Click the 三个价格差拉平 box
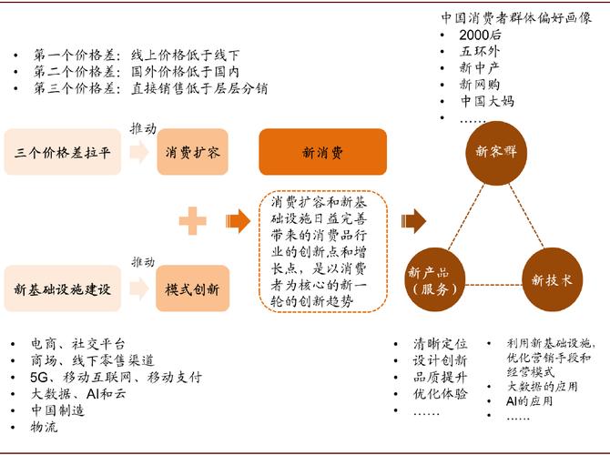[63, 152]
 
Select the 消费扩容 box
[193, 152]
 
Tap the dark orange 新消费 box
[323, 152]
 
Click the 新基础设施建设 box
[63, 288]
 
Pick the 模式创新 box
[193, 288]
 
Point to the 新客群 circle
[496, 153]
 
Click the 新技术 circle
[552, 279]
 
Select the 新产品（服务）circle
[435, 279]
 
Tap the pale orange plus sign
[193, 221]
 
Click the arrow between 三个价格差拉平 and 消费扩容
[139, 152]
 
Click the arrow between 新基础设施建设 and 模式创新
[139, 288]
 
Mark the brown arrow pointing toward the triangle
[413, 221]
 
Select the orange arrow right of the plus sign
[239, 221]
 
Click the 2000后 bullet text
[480, 35]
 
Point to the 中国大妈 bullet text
[487, 101]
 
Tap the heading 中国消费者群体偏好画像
[516, 18]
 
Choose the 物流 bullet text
[45, 427]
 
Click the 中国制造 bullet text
[57, 410]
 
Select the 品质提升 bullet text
[440, 378]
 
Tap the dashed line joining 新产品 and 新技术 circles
[493, 285]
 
